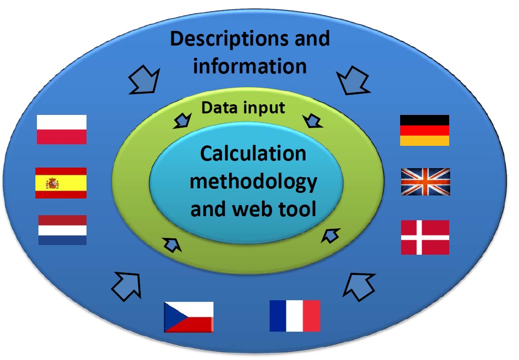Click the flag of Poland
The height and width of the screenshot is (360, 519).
click(62, 130)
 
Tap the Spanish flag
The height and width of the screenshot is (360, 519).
click(61, 183)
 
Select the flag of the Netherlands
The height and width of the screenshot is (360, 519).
click(62, 230)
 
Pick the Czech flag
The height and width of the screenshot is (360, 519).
click(189, 317)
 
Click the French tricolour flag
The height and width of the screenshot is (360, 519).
click(295, 315)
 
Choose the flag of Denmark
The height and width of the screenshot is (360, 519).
click(425, 237)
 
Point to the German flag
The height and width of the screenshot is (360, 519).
click(424, 130)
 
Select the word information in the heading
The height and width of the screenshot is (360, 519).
click(250, 66)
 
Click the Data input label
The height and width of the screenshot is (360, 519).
click(243, 107)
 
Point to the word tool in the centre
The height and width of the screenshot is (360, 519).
click(296, 208)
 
